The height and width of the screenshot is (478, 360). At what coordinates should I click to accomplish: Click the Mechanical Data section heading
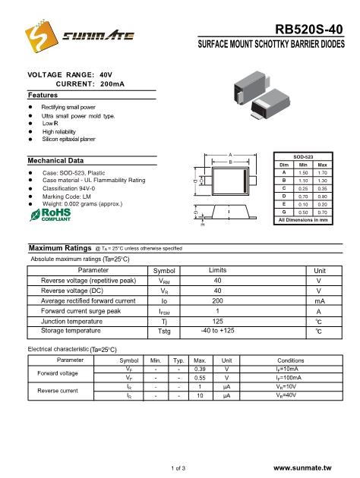pyautogui.click(x=55, y=161)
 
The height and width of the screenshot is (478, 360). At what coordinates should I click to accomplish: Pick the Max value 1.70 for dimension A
pyautogui.click(x=322, y=172)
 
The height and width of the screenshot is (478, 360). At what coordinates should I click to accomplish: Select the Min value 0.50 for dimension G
pyautogui.click(x=303, y=212)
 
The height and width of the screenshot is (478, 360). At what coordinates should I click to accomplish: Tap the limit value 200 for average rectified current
pyautogui.click(x=217, y=301)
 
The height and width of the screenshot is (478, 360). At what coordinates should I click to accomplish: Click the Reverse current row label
pyautogui.click(x=58, y=391)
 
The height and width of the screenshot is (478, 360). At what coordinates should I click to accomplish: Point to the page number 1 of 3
pyautogui.click(x=180, y=470)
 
